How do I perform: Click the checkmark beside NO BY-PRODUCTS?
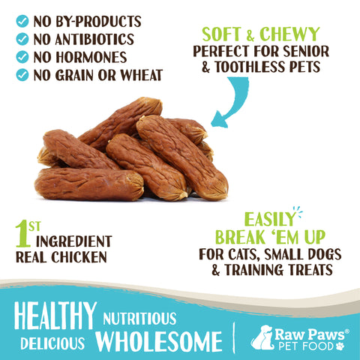coord(22,20)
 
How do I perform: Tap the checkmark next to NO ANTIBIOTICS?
coord(22,38)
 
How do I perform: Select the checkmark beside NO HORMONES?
coord(22,56)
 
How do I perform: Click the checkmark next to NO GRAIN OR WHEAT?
coord(22,74)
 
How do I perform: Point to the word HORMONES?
coord(94,56)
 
